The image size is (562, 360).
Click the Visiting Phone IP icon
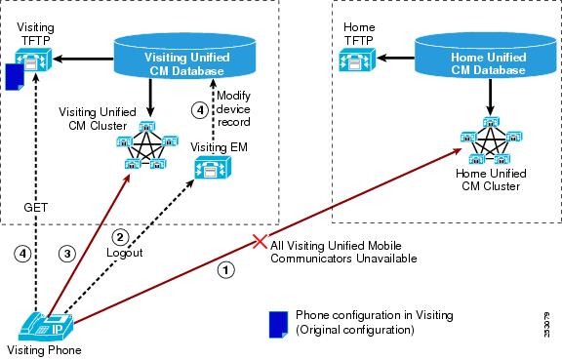pyautogui.click(x=46, y=326)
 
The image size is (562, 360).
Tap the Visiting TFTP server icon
pyautogui.click(x=33, y=60)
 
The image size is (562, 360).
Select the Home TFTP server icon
pyautogui.click(x=357, y=60)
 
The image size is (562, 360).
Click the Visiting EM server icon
pyautogui.click(x=213, y=168)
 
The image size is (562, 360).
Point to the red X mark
pyautogui.click(x=260, y=241)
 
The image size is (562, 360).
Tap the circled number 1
pyautogui.click(x=225, y=270)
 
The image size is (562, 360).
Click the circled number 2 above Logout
pyautogui.click(x=120, y=237)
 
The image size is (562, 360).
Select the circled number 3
pyautogui.click(x=67, y=254)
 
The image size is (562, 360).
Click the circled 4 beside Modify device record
pyautogui.click(x=200, y=110)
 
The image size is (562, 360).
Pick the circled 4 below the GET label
pyautogui.click(x=22, y=254)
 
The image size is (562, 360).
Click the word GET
pyautogui.click(x=35, y=207)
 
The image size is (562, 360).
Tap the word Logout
pyautogui.click(x=124, y=253)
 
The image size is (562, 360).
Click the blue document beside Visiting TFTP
pyautogui.click(x=15, y=77)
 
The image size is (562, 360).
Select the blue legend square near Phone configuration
pyautogui.click(x=278, y=325)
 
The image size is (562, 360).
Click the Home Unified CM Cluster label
pyautogui.click(x=491, y=180)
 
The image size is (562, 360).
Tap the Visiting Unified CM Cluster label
pyautogui.click(x=98, y=119)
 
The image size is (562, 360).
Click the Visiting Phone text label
pyautogui.click(x=44, y=350)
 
